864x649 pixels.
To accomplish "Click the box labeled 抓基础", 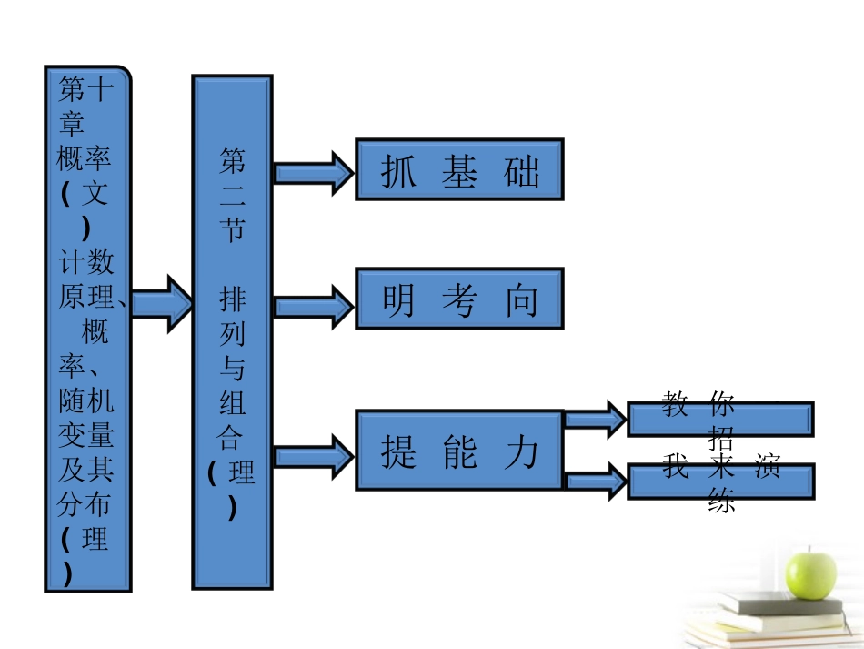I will [x=458, y=168].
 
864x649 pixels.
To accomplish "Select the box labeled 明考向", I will [x=458, y=298].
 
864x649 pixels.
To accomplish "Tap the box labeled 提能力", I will [x=458, y=451].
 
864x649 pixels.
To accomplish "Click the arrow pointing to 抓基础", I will [x=313, y=172].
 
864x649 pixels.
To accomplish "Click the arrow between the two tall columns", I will [x=161, y=301].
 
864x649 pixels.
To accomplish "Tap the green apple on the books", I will [x=809, y=572].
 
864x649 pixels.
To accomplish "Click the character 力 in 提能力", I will [x=521, y=451].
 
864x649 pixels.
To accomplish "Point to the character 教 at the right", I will [x=675, y=402].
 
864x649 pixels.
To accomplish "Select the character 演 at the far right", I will [x=767, y=468].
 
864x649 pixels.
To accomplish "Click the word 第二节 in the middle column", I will [x=232, y=196].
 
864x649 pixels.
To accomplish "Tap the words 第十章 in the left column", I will [x=85, y=106].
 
